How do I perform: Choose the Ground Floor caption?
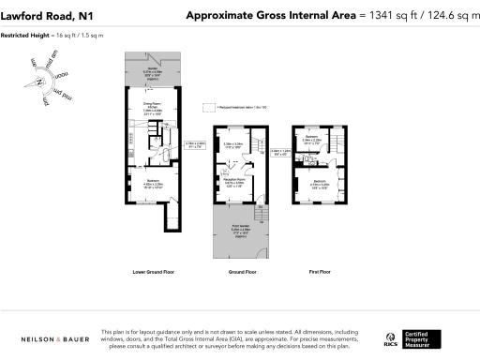click(x=242, y=272)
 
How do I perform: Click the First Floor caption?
click(x=321, y=272)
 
